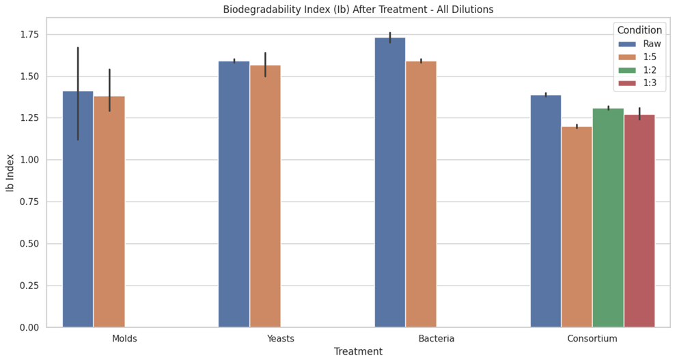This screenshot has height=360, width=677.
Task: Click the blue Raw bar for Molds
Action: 78,209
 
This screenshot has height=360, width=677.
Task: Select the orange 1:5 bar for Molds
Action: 109,212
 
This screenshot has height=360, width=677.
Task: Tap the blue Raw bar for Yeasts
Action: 234,194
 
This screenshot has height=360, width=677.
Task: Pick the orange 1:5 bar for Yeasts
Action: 265,197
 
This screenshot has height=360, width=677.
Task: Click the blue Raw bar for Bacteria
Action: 390,182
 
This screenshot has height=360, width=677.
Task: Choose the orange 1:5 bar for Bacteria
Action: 421,194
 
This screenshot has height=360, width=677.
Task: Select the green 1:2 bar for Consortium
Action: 608,218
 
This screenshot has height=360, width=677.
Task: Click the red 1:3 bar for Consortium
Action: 639,221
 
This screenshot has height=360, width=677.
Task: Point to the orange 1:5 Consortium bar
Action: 577,227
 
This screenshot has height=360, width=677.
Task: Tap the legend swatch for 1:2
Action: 627,70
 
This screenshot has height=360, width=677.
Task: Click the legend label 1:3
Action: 650,83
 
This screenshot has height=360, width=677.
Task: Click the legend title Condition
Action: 639,30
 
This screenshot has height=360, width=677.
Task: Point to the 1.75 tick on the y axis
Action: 30,35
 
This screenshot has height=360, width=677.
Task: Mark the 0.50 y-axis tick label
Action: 30,244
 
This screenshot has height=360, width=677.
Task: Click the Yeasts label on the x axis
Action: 281,338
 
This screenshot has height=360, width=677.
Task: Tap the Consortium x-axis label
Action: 592,338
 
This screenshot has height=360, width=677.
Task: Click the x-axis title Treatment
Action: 358,351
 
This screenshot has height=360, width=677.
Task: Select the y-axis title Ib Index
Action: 10,173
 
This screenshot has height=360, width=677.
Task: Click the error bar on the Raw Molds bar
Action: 78,94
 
